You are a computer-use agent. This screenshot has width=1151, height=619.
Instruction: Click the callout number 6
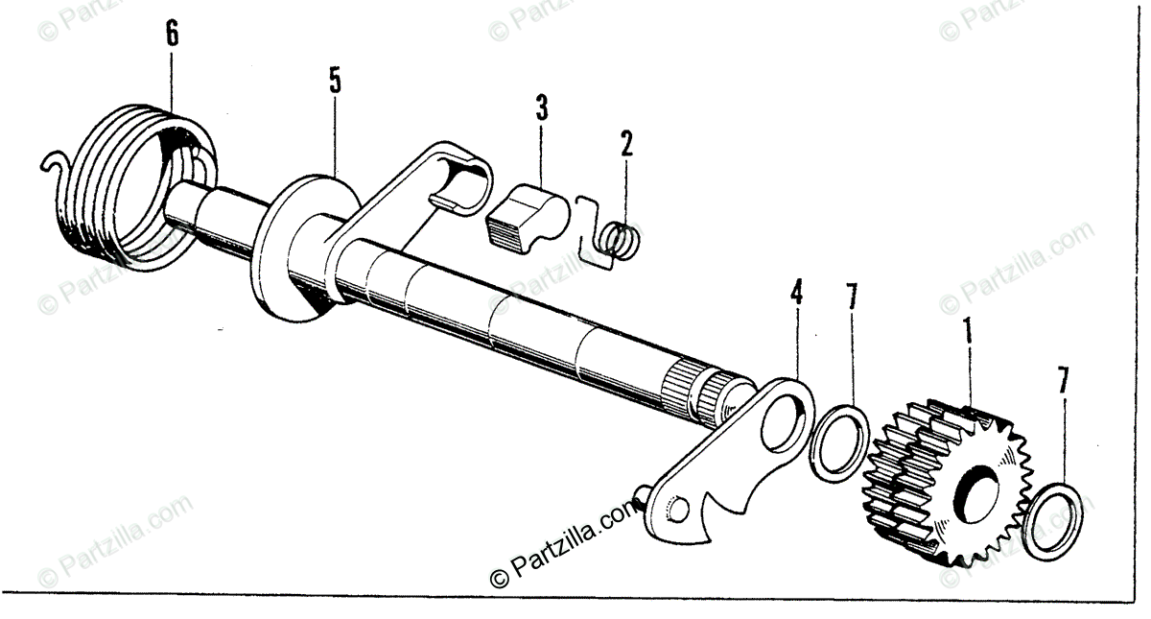click(171, 35)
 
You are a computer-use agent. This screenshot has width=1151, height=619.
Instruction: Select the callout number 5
click(334, 80)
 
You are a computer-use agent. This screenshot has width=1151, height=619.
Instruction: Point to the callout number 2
click(626, 144)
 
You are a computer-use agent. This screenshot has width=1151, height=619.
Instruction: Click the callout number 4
click(795, 294)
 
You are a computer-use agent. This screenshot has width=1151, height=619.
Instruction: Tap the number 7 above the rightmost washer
click(1062, 381)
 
